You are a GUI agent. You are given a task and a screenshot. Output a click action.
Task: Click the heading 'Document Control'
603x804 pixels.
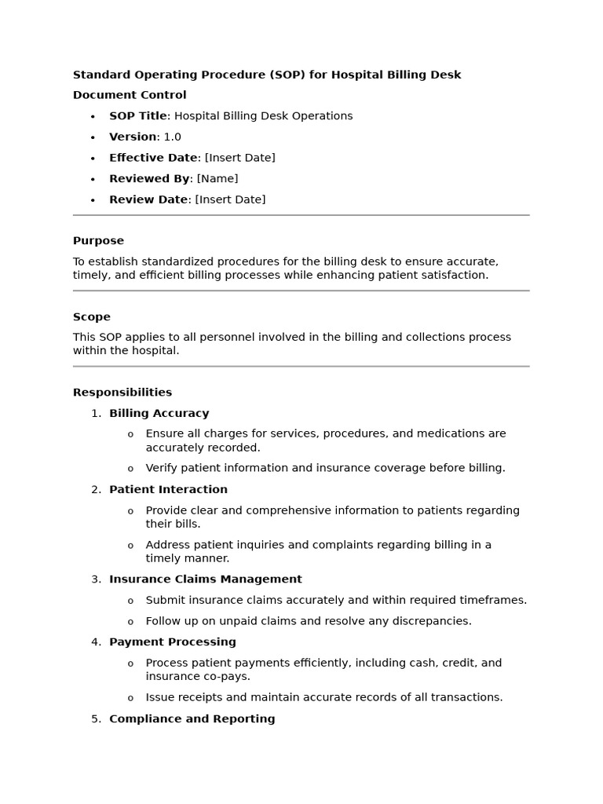pyautogui.click(x=130, y=95)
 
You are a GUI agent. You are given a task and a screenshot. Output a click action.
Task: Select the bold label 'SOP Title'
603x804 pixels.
pyautogui.click(x=137, y=116)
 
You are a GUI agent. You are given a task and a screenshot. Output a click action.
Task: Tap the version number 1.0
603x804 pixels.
pyautogui.click(x=172, y=137)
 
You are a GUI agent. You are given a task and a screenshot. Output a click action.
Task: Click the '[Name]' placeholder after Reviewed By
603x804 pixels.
pyautogui.click(x=217, y=179)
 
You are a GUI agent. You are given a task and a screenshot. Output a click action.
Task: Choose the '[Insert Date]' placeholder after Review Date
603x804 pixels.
pyautogui.click(x=230, y=199)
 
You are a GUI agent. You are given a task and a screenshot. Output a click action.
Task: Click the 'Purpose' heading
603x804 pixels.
pyautogui.click(x=98, y=241)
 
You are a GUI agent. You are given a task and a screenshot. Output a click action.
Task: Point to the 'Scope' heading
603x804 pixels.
pyautogui.click(x=92, y=317)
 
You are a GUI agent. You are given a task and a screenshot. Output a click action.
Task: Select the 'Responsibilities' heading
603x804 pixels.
pyautogui.click(x=122, y=393)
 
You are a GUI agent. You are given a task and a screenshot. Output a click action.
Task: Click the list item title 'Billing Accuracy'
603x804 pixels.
pyautogui.click(x=159, y=413)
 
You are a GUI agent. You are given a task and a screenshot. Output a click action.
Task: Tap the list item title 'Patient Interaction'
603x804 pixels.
pyautogui.click(x=168, y=489)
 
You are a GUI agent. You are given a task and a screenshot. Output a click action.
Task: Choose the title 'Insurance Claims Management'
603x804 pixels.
pyautogui.click(x=205, y=579)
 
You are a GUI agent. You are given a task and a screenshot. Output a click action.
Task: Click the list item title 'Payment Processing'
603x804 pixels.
pyautogui.click(x=172, y=642)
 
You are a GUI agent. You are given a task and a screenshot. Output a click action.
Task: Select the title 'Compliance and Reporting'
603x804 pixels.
pyautogui.click(x=192, y=718)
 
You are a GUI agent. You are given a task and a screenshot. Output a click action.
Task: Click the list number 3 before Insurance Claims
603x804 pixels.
pyautogui.click(x=95, y=579)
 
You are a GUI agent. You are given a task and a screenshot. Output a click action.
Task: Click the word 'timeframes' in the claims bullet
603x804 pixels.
pyautogui.click(x=495, y=600)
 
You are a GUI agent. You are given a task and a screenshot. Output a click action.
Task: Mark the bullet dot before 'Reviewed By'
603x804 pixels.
pyautogui.click(x=93, y=179)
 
